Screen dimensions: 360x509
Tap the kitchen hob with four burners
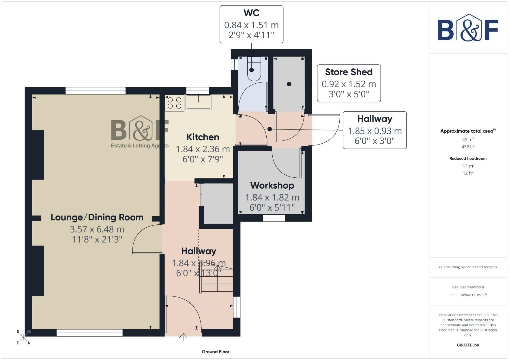coord(174,103)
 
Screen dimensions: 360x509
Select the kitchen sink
coord(198,102)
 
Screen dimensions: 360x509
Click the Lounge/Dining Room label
coord(97,217)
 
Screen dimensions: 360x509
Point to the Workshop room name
coord(272,185)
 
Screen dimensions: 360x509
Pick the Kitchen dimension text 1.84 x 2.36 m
coord(203,149)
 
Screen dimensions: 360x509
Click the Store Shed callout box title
coord(349,72)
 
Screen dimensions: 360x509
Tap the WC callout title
coord(251,13)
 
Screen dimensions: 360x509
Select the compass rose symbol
coord(23,337)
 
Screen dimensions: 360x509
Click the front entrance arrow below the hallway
coord(183,337)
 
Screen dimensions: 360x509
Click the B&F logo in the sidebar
coord(468,28)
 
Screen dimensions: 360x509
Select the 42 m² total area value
coord(468,140)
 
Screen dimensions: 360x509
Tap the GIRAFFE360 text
coord(468,345)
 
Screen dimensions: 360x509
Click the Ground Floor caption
coord(215,352)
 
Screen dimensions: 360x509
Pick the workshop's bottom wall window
coord(274,218)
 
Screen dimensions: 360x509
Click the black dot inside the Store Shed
coord(289,84)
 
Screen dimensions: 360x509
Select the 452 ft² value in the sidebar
coord(468,147)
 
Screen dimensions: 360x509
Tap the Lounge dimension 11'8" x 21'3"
coord(97,239)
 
